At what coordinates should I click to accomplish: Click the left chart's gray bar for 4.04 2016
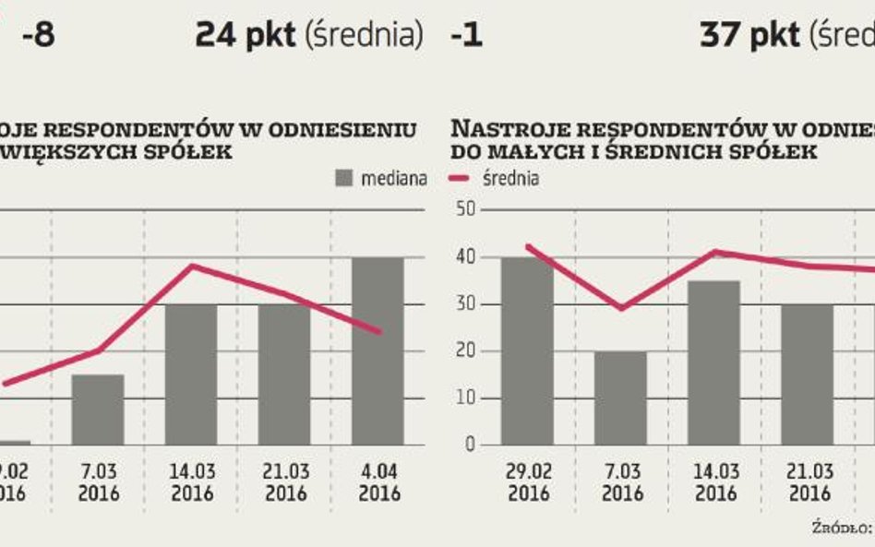pyautogui.click(x=377, y=351)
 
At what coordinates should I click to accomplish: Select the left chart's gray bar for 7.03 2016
pyautogui.click(x=98, y=410)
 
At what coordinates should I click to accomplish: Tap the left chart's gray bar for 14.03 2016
pyautogui.click(x=191, y=375)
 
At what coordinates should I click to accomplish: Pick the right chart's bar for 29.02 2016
pyautogui.click(x=527, y=351)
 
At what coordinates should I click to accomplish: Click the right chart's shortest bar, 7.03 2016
pyautogui.click(x=620, y=398)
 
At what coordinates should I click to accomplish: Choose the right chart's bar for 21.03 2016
pyautogui.click(x=806, y=375)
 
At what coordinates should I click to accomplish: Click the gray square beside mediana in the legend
pyautogui.click(x=345, y=178)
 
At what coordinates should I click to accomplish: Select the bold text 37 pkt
pyautogui.click(x=749, y=36)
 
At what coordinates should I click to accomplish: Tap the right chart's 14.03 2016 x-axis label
pyautogui.click(x=713, y=482)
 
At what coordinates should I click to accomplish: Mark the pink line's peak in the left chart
pyautogui.click(x=191, y=266)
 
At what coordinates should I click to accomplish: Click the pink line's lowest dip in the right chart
pyautogui.click(x=620, y=308)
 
